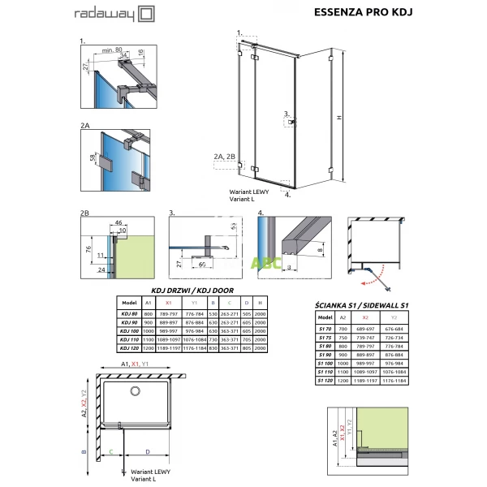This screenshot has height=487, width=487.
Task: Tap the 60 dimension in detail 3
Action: (x=200, y=264)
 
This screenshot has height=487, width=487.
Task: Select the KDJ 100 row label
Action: (x=129, y=331)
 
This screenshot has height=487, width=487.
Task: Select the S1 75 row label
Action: (x=325, y=336)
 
